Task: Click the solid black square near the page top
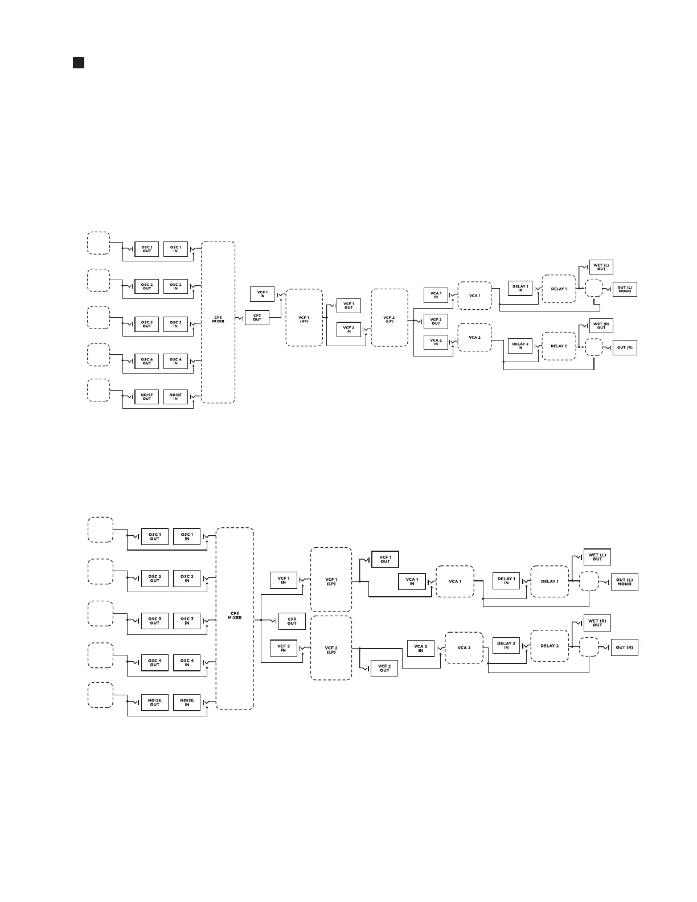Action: pos(79,63)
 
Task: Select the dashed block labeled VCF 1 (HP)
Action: pos(304,318)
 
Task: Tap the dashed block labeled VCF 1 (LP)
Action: pos(331,580)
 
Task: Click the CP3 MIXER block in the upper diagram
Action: pos(218,322)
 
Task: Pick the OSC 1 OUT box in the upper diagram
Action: pos(146,249)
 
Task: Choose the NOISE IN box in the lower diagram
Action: pos(187,703)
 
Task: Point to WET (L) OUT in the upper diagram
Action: pos(601,266)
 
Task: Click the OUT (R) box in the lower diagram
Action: pos(624,647)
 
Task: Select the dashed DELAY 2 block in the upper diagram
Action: pos(559,346)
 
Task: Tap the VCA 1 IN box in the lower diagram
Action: pos(412,581)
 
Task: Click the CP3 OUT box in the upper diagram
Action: pos(257,317)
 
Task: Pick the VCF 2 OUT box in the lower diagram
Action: pos(384,668)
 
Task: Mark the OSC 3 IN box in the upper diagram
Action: pos(175,324)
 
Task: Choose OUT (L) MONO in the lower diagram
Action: pos(624,582)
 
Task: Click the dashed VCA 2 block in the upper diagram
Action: pos(474,338)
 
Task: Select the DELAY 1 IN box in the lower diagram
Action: pos(506,581)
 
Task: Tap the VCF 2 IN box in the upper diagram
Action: pos(348,330)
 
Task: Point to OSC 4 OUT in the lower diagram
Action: pos(154,663)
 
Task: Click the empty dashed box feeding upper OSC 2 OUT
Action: pos(99,280)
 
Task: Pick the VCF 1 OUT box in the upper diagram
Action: pos(348,306)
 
